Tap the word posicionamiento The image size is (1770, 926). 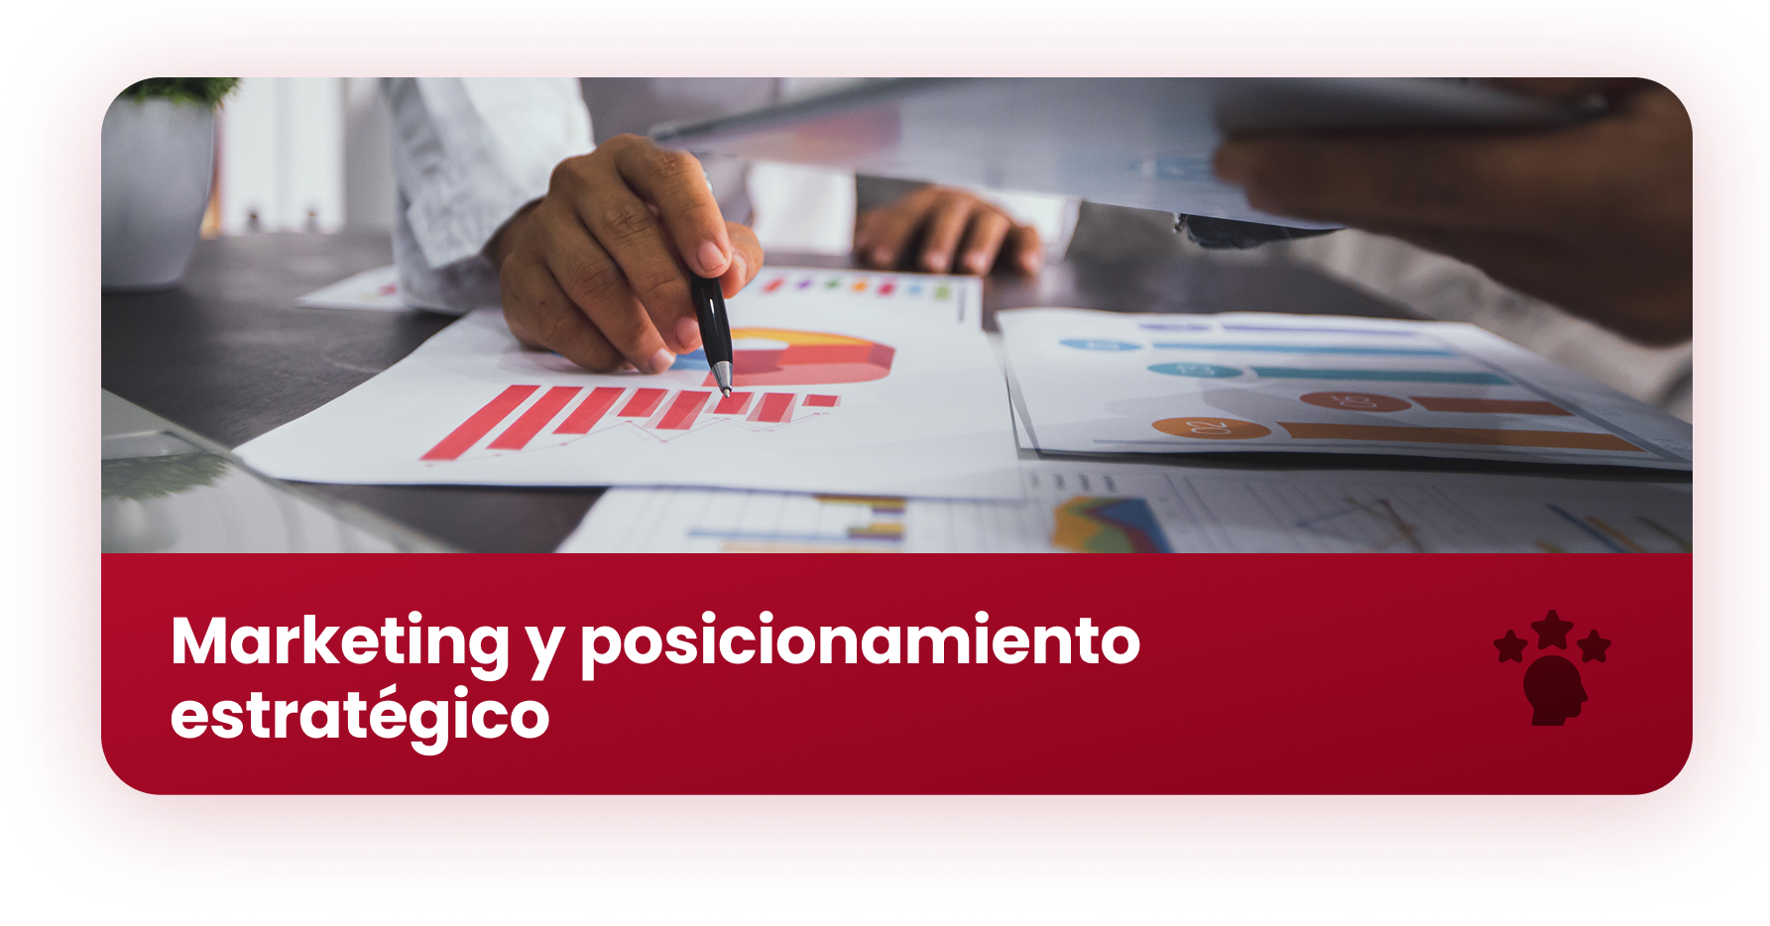coord(860,644)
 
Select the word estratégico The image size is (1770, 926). coord(360,717)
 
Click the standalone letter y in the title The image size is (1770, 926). coord(544,650)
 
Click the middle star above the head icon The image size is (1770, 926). coord(1552,630)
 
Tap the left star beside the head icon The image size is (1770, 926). coord(1510,646)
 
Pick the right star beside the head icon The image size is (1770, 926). coord(1594,645)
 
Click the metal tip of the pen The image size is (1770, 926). coord(723,378)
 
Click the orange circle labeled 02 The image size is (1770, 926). coord(1211,428)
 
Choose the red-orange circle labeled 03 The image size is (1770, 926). coord(1355,401)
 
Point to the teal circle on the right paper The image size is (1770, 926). coord(1195,370)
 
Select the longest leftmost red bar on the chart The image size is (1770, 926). coord(480,422)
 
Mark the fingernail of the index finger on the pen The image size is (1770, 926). coord(712,256)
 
